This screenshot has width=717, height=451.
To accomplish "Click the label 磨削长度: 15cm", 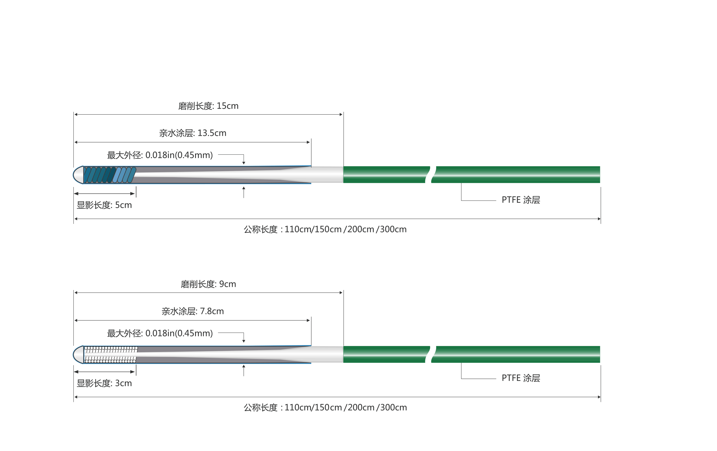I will click(x=208, y=106).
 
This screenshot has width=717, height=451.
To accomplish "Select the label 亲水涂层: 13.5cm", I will click(x=193, y=133).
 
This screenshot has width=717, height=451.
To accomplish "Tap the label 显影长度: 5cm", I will click(x=104, y=205).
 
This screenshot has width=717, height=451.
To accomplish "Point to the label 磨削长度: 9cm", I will click(x=208, y=284).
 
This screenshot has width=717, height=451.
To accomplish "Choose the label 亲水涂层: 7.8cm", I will click(x=193, y=311).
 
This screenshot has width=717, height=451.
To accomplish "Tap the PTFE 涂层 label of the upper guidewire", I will click(x=520, y=200).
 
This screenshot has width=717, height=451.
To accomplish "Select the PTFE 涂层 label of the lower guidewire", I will click(x=520, y=378).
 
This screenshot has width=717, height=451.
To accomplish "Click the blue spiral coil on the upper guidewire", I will click(x=110, y=175).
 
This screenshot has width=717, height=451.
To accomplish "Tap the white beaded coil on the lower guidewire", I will click(x=111, y=354).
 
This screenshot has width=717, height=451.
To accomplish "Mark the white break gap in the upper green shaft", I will click(x=431, y=175).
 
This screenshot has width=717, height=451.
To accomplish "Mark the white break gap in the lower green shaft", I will click(x=431, y=354).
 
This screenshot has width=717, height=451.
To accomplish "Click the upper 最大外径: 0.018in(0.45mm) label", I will click(x=160, y=155).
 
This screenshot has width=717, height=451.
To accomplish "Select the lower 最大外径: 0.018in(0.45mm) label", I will click(x=160, y=333).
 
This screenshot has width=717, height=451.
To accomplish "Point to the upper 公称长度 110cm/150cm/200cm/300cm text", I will click(x=325, y=229).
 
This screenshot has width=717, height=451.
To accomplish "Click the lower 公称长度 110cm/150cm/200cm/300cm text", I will click(x=325, y=407).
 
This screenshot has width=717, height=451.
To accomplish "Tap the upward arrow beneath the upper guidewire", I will click(x=244, y=192).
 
